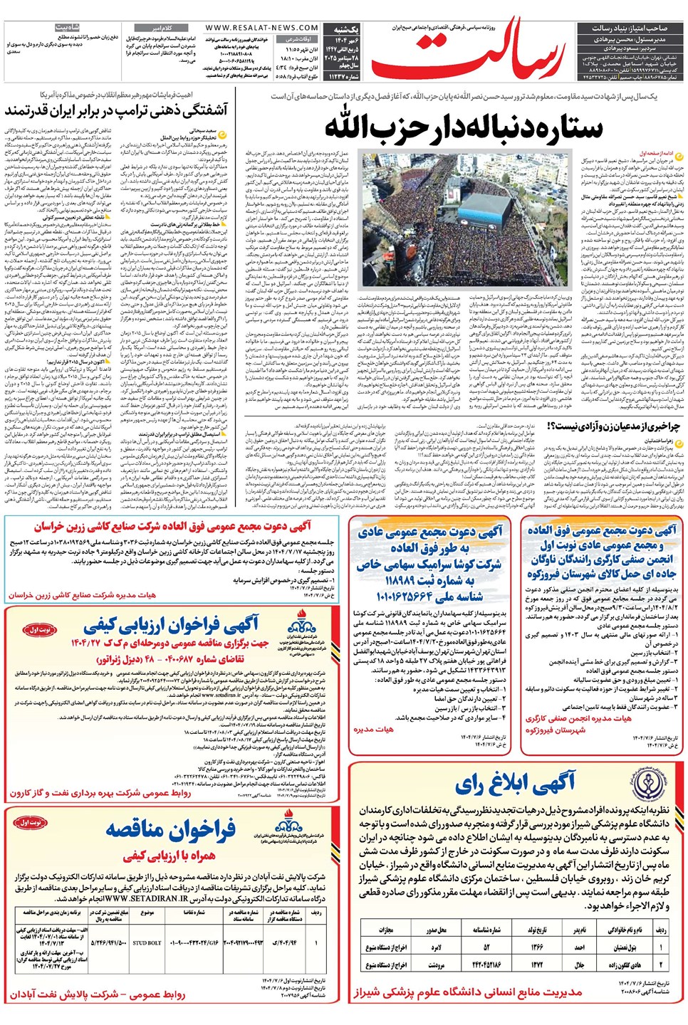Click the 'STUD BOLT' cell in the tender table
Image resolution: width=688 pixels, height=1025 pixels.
(147, 943)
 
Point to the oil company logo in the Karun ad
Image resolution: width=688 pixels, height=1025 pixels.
(302, 629)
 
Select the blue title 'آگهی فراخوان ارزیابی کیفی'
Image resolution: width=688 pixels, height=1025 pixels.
(171, 626)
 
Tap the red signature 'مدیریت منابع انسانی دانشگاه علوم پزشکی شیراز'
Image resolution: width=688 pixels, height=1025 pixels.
(468, 992)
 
